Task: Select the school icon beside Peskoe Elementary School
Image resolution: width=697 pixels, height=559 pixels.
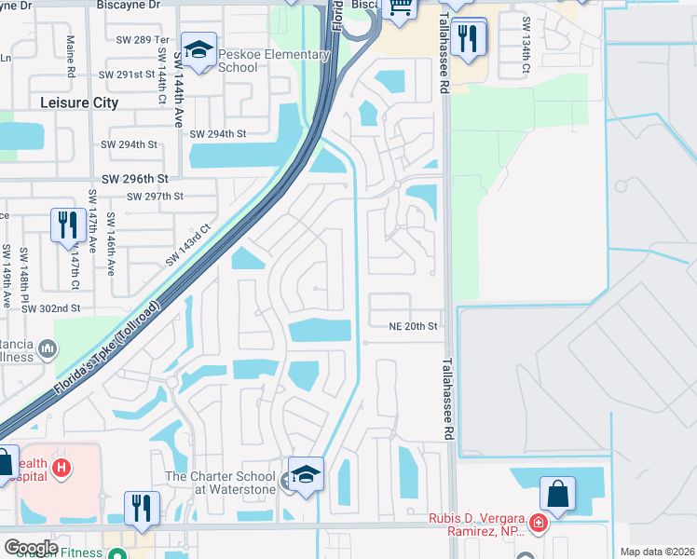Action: (x=198, y=48)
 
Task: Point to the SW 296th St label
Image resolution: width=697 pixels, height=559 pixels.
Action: (x=135, y=178)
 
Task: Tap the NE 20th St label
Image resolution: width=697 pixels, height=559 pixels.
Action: (x=413, y=326)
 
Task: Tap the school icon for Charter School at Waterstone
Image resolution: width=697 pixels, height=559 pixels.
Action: (x=306, y=473)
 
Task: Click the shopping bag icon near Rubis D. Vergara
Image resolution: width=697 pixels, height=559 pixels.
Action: (x=557, y=494)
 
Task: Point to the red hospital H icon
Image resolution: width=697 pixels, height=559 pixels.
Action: (x=61, y=467)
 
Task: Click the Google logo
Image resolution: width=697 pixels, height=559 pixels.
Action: (x=31, y=547)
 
